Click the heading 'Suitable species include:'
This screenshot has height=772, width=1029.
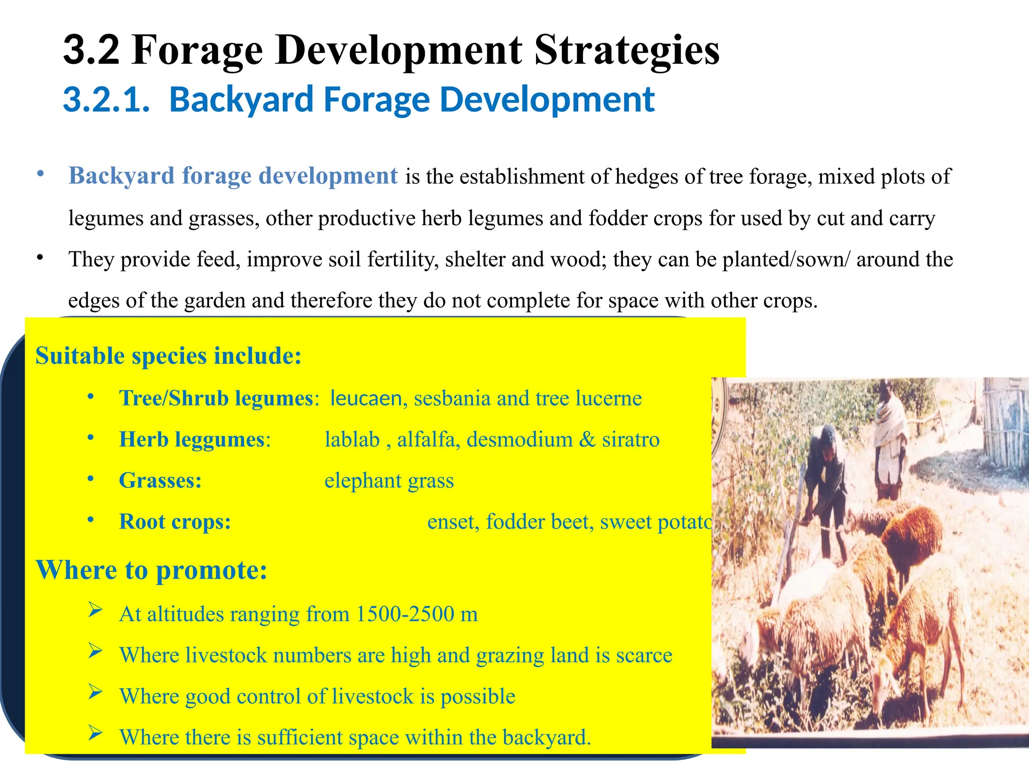tap(168, 356)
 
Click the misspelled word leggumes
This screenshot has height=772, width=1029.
tap(220, 439)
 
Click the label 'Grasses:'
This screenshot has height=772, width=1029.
tap(160, 480)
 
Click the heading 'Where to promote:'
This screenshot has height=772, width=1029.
tap(151, 570)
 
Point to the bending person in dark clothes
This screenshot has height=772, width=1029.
tap(826, 482)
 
